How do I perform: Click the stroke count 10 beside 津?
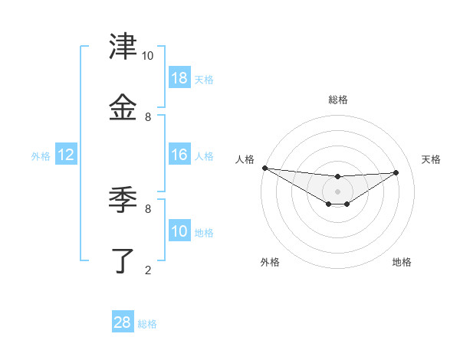click(x=147, y=56)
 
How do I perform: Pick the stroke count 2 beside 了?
click(x=148, y=270)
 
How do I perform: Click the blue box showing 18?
click(x=179, y=77)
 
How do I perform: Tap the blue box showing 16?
click(x=179, y=155)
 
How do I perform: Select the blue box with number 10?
click(x=179, y=232)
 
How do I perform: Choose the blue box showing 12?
click(x=66, y=155)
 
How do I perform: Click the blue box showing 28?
click(x=122, y=322)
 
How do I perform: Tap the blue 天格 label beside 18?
click(x=204, y=79)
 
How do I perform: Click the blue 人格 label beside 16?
click(x=204, y=156)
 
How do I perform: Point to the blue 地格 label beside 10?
click(x=204, y=233)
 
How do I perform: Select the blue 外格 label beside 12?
click(x=41, y=156)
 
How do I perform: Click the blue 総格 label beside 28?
click(x=147, y=324)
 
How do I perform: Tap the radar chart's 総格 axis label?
click(x=337, y=100)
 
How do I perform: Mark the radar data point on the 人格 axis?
click(x=264, y=168)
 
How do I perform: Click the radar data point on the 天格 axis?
click(x=396, y=172)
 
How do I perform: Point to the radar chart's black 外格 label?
click(x=270, y=262)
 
